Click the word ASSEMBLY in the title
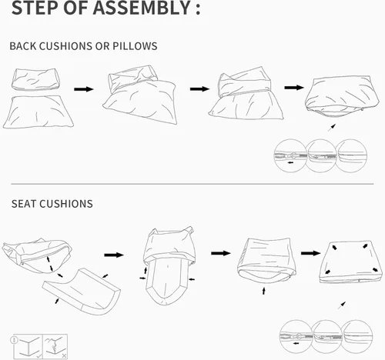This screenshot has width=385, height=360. click(x=142, y=8)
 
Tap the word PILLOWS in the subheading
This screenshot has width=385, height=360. click(x=135, y=46)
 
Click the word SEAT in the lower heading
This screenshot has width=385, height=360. click(x=23, y=204)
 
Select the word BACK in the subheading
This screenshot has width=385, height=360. click(x=23, y=46)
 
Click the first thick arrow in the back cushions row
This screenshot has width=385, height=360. click(x=84, y=89)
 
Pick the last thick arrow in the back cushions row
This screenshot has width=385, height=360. click(x=294, y=88)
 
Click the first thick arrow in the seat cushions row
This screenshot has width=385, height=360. click(x=114, y=255)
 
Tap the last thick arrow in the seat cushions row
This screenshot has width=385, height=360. click(x=311, y=253)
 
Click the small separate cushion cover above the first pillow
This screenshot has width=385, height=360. click(x=35, y=79)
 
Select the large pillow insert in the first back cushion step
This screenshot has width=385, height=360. click(x=38, y=112)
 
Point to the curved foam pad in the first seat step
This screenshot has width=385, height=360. click(x=82, y=291)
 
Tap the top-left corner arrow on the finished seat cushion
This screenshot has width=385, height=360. click(x=335, y=248)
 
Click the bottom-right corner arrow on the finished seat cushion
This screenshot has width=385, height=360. click(x=375, y=270)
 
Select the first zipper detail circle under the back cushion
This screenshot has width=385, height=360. click(x=290, y=155)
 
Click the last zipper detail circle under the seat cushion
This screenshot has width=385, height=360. click(x=357, y=336)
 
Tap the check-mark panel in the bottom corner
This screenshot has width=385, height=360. click(x=28, y=347)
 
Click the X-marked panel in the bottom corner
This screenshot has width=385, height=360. click(x=55, y=347)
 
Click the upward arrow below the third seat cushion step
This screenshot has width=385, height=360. click(x=263, y=291)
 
